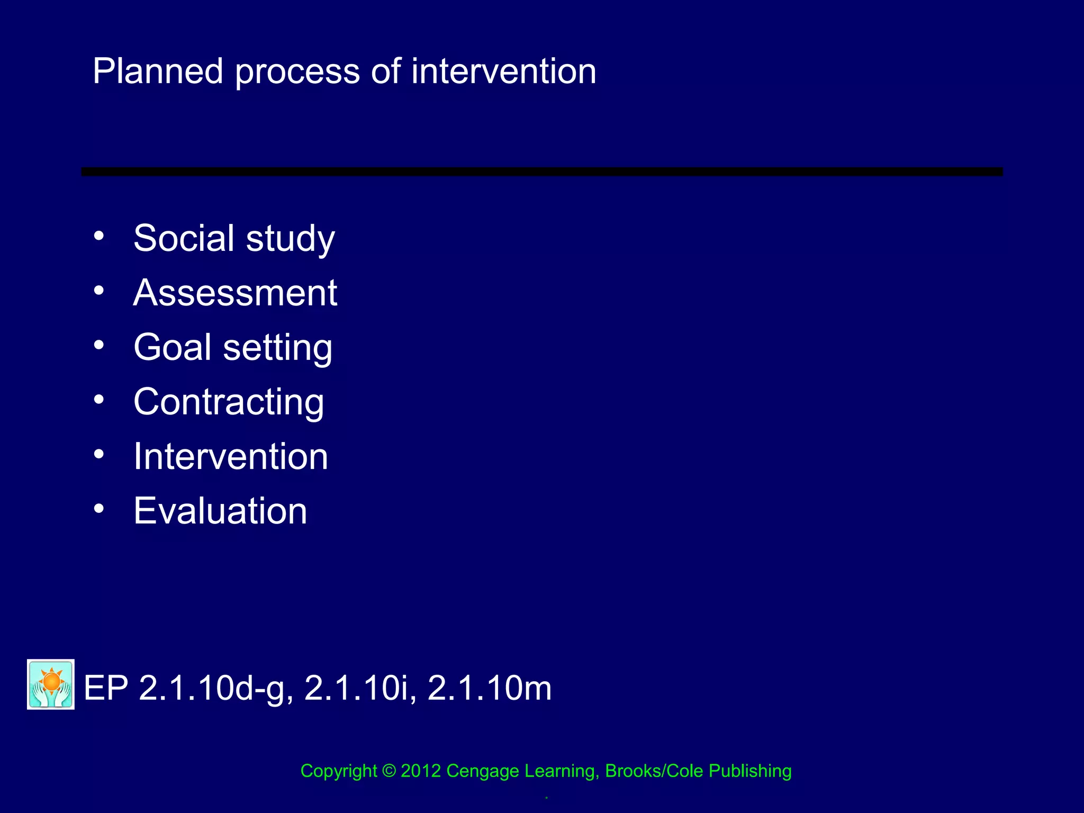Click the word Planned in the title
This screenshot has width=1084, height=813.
pos(158,72)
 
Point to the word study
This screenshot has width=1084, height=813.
pos(291,239)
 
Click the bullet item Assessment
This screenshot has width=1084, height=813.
pos(235,293)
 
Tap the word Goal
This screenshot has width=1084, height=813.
pos(173,347)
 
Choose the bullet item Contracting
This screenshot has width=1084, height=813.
pos(229,402)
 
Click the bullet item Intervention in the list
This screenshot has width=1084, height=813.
pos(231,456)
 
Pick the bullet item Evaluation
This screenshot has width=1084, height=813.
pos(220,511)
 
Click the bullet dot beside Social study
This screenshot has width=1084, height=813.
pos(99,236)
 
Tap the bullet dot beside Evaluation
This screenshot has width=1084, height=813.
pos(99,509)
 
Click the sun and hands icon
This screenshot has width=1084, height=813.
pos(51,684)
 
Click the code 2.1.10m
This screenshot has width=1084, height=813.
pos(489,688)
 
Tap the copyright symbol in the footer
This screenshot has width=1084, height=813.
pos(389,771)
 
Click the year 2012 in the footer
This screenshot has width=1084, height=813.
pos(421,771)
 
